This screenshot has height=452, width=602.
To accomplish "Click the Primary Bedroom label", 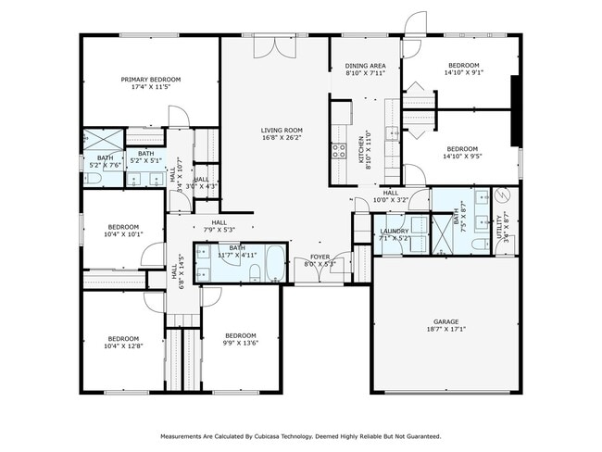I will click(x=150, y=80).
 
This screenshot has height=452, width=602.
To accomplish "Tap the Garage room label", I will click(x=446, y=321).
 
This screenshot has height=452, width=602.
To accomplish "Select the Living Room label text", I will click(x=281, y=131).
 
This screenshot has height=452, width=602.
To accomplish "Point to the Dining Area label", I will click(x=365, y=67).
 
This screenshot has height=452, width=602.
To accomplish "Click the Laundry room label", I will click(x=395, y=232).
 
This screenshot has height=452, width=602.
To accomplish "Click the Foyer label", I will click(x=320, y=257).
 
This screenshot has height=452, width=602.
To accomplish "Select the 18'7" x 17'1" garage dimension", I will click(x=446, y=329).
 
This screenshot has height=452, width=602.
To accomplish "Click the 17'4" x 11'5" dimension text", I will click(x=150, y=87).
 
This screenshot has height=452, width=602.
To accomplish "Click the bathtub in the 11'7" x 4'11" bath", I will click(x=275, y=260).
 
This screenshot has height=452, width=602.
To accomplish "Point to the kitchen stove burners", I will click(x=339, y=149).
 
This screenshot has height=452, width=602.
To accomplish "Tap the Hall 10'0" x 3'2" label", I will click(x=390, y=196).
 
